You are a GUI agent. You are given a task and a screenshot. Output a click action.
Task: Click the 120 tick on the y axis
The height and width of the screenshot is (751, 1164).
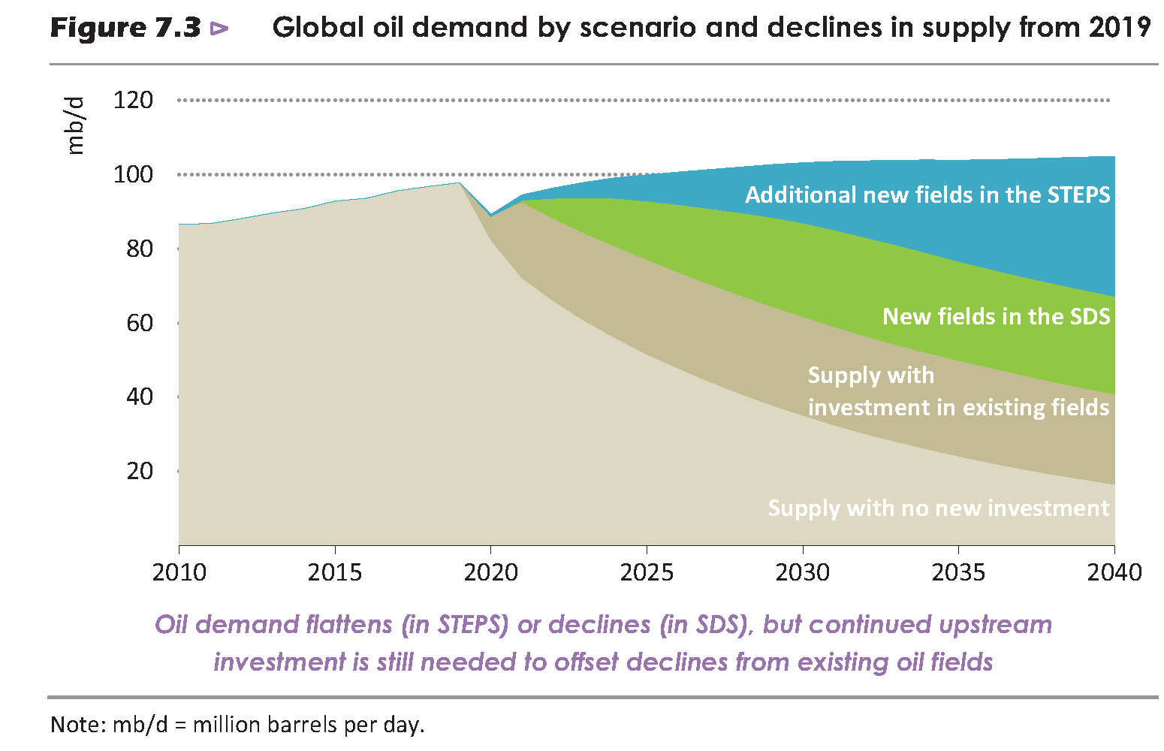(133, 100)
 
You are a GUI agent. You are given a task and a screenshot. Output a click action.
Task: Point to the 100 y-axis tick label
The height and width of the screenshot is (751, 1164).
(133, 174)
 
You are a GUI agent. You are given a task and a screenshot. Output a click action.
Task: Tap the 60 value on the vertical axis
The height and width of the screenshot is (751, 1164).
(140, 323)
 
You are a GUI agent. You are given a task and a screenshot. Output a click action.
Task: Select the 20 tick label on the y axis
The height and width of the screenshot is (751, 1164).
(140, 471)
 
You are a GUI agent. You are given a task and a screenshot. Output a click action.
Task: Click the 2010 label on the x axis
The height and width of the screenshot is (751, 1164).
(179, 572)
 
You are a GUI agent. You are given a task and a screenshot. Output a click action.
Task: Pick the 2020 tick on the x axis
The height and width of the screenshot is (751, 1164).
(490, 572)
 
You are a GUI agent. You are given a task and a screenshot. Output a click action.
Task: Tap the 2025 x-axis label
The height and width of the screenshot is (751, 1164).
(647, 572)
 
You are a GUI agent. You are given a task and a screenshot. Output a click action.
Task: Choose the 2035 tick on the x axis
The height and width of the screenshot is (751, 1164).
(958, 572)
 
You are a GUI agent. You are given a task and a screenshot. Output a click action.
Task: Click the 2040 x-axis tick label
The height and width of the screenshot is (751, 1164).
(1114, 572)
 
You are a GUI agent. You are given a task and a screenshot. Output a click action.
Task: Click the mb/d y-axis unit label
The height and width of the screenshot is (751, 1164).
(76, 125)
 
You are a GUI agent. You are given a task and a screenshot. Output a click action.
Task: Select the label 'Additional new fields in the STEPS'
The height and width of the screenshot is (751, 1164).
(927, 195)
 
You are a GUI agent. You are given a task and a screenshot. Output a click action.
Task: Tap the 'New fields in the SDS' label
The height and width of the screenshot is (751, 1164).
(996, 316)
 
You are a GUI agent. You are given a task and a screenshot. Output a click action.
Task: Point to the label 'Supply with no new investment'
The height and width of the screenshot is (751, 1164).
(938, 508)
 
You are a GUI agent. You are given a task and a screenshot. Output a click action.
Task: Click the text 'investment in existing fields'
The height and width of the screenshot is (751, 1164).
(958, 408)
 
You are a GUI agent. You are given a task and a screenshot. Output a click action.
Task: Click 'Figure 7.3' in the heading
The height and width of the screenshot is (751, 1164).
(125, 29)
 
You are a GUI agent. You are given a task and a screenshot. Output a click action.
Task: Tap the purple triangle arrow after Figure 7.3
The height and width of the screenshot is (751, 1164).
(219, 29)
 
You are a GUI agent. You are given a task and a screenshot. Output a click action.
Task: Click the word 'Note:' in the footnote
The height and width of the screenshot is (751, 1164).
(78, 725)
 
